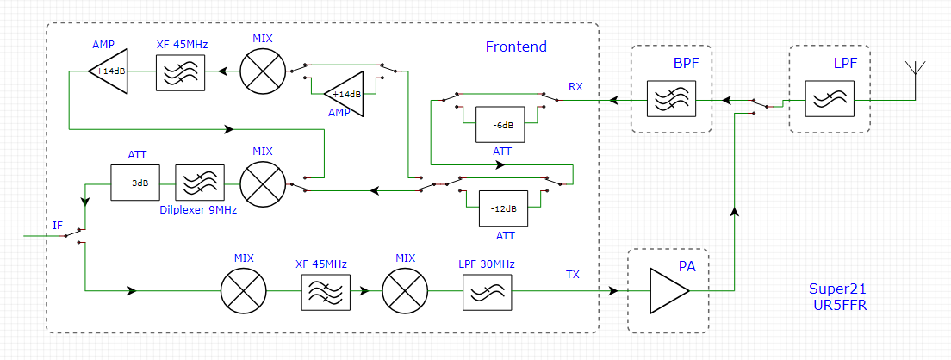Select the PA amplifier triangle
(668, 291)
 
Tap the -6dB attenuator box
(500, 124)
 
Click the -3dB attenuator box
(137, 183)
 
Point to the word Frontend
(516, 47)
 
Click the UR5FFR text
(838, 305)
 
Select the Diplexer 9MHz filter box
(200, 183)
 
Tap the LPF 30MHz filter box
(488, 291)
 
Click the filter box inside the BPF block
(671, 99)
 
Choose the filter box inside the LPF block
(829, 99)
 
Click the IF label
(58, 226)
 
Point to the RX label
(575, 87)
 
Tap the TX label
(573, 275)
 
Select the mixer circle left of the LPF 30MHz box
(406, 291)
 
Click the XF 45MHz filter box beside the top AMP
(180, 72)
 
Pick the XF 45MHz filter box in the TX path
(326, 291)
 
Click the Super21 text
(832, 289)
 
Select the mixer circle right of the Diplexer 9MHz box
(262, 183)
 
